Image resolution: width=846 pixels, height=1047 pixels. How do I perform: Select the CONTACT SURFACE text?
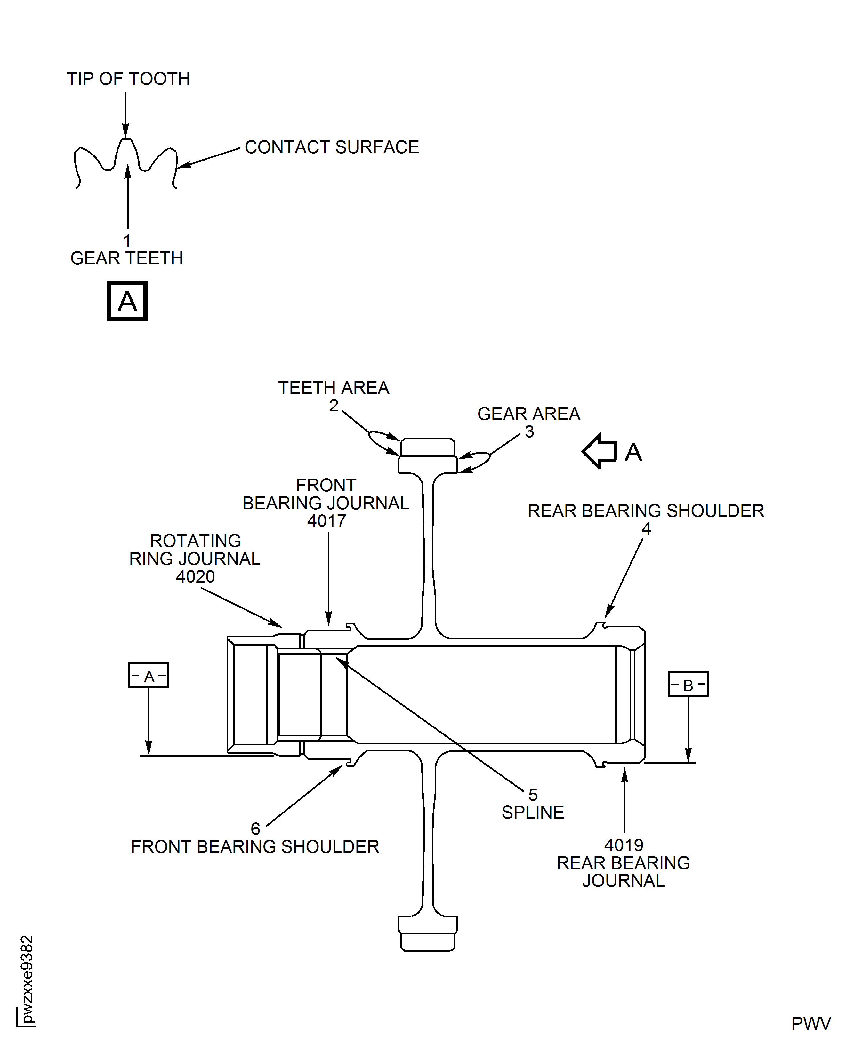[x=331, y=147]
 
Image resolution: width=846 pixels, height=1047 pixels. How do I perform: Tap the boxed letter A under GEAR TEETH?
[x=127, y=301]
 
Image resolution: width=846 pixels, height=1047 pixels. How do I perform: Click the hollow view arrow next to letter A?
[x=600, y=451]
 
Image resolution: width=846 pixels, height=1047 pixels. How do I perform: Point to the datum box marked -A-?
[x=149, y=675]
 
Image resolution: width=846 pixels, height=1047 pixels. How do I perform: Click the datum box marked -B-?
[x=688, y=684]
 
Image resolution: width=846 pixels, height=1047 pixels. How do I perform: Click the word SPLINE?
[x=533, y=813]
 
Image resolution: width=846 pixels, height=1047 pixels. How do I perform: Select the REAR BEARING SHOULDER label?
[x=646, y=511]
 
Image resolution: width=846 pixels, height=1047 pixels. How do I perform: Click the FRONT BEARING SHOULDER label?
[x=255, y=847]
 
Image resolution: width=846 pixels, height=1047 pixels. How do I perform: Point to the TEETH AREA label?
[x=333, y=388]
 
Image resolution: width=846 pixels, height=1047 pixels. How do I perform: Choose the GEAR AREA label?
[x=529, y=414]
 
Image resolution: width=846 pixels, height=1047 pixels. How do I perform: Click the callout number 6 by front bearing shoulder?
[x=255, y=829]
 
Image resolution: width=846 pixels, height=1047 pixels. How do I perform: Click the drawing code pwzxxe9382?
[x=27, y=979]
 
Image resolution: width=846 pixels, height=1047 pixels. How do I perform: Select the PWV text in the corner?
[x=811, y=1024]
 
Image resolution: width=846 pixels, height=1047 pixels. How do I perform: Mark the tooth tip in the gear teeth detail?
[x=126, y=141]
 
